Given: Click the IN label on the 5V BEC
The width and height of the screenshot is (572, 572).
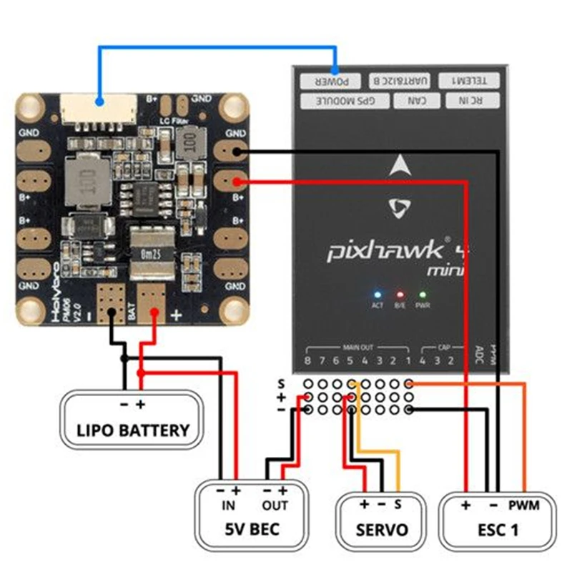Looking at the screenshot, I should [x=229, y=506].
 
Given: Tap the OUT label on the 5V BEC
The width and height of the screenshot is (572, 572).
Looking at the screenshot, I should [x=275, y=506].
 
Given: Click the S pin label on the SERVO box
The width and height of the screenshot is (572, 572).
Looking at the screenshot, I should [x=398, y=504].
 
